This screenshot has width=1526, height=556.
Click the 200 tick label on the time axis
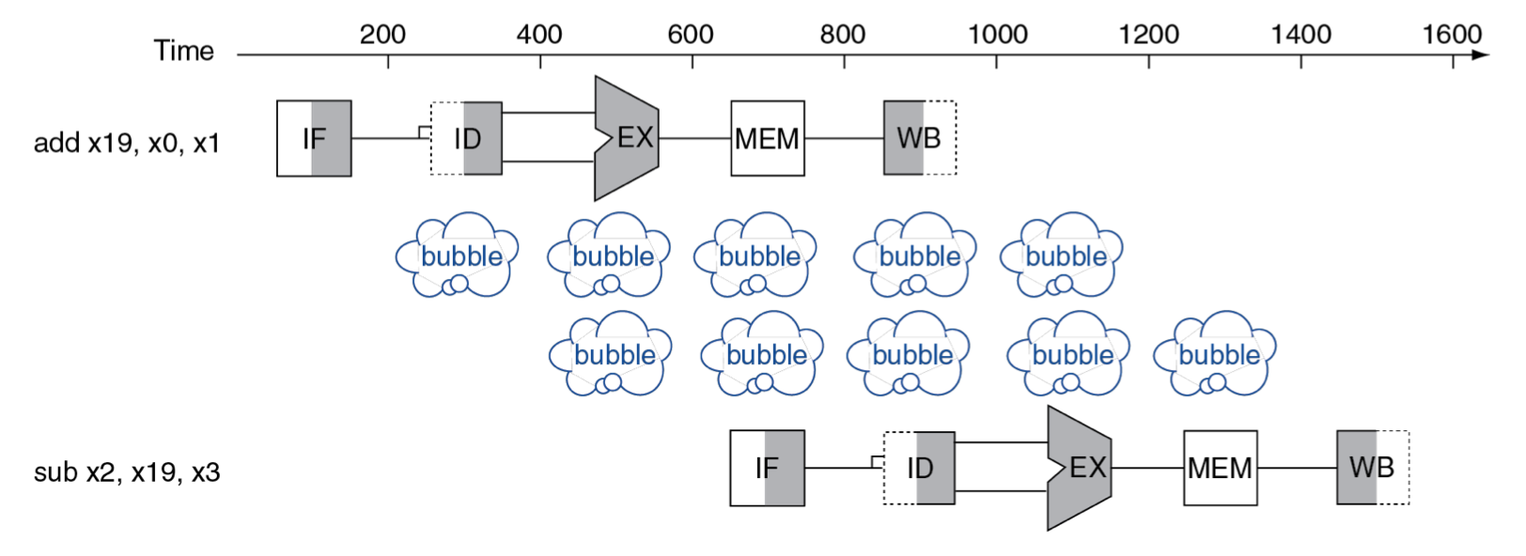(x=382, y=34)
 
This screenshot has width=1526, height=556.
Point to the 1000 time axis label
(x=997, y=34)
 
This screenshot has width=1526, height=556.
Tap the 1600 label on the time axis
(x=1452, y=34)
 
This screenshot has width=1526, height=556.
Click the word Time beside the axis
(x=184, y=51)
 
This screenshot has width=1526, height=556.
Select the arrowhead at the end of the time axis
(x=1480, y=54)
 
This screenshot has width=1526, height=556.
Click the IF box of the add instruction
(x=314, y=139)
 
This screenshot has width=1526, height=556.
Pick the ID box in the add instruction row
(x=467, y=139)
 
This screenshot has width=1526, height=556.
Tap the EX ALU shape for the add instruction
(x=627, y=138)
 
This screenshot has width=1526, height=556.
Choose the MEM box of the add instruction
(x=768, y=139)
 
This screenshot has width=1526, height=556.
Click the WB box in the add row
(x=920, y=138)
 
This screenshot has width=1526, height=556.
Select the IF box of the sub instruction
(x=767, y=469)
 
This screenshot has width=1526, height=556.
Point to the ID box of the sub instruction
(x=919, y=469)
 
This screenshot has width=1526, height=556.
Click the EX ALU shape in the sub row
(x=1080, y=469)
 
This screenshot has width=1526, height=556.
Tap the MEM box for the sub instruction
(x=1221, y=469)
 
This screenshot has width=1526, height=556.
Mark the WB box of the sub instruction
(x=1373, y=468)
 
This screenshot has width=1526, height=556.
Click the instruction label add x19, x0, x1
(x=127, y=143)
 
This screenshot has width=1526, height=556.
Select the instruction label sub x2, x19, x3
(x=127, y=472)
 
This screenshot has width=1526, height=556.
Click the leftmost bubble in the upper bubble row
(x=457, y=255)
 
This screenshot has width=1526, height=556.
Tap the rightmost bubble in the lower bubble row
(x=1215, y=353)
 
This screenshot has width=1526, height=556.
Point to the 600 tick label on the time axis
(x=690, y=34)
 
